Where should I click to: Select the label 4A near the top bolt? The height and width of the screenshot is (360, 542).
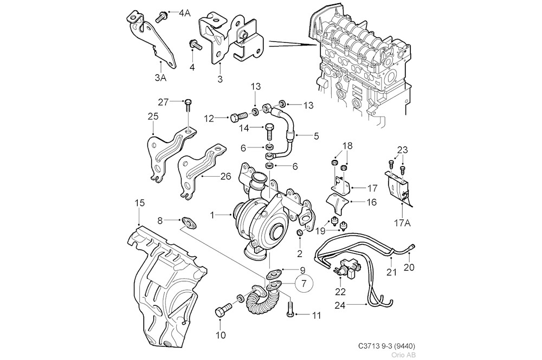[184, 13]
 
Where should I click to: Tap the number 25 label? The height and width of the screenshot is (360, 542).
[153, 115]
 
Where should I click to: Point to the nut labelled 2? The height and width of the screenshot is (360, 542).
[300, 233]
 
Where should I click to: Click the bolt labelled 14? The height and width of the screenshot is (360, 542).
[270, 130]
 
